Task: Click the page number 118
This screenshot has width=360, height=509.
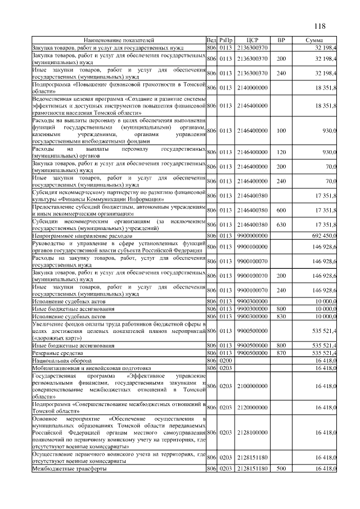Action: [x=320, y=26]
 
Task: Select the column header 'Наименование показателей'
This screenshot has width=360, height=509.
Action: [x=119, y=40]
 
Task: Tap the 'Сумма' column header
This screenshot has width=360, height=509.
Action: [x=314, y=40]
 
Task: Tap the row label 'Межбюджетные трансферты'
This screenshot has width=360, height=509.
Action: [x=61, y=468]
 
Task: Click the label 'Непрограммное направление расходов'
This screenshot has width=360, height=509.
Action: [x=82, y=236]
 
